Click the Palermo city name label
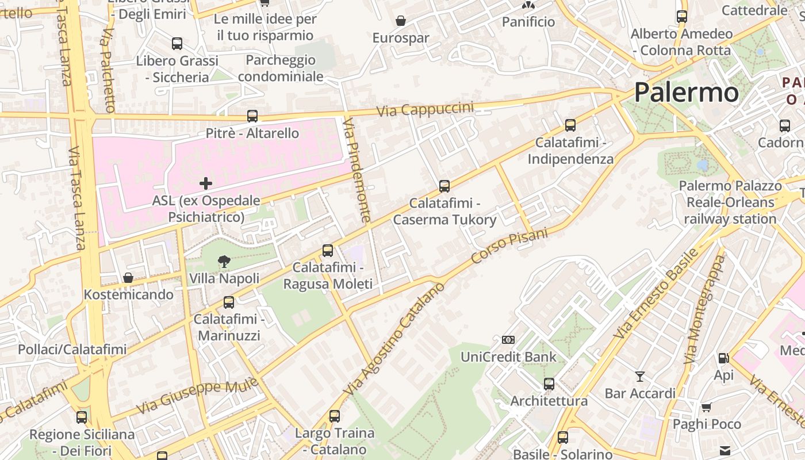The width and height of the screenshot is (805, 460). point(686,93)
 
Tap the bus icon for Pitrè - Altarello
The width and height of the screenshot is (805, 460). point(252,116)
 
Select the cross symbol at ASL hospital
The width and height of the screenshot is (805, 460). point(205,183)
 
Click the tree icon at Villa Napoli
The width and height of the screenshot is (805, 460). point(224,262)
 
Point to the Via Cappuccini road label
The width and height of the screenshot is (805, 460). point(425,109)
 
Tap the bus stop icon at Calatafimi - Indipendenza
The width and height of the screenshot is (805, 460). point(570,125)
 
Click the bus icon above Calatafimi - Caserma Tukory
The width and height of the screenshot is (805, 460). point(444,186)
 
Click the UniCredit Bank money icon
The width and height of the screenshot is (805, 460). point(508,340)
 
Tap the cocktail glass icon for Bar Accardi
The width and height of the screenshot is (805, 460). point(639,377)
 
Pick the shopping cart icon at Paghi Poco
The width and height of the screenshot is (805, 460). point(706,408)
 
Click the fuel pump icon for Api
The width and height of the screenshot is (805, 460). point(723,358)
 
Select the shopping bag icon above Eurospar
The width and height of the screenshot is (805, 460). point(401,21)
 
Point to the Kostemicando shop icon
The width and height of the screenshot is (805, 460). point(128,278)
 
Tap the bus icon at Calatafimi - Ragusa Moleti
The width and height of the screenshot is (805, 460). point(327,251)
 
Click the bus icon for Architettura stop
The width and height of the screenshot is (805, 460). point(549,384)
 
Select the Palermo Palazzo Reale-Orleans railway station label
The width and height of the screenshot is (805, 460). point(730,202)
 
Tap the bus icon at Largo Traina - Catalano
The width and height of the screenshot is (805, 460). point(334,416)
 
